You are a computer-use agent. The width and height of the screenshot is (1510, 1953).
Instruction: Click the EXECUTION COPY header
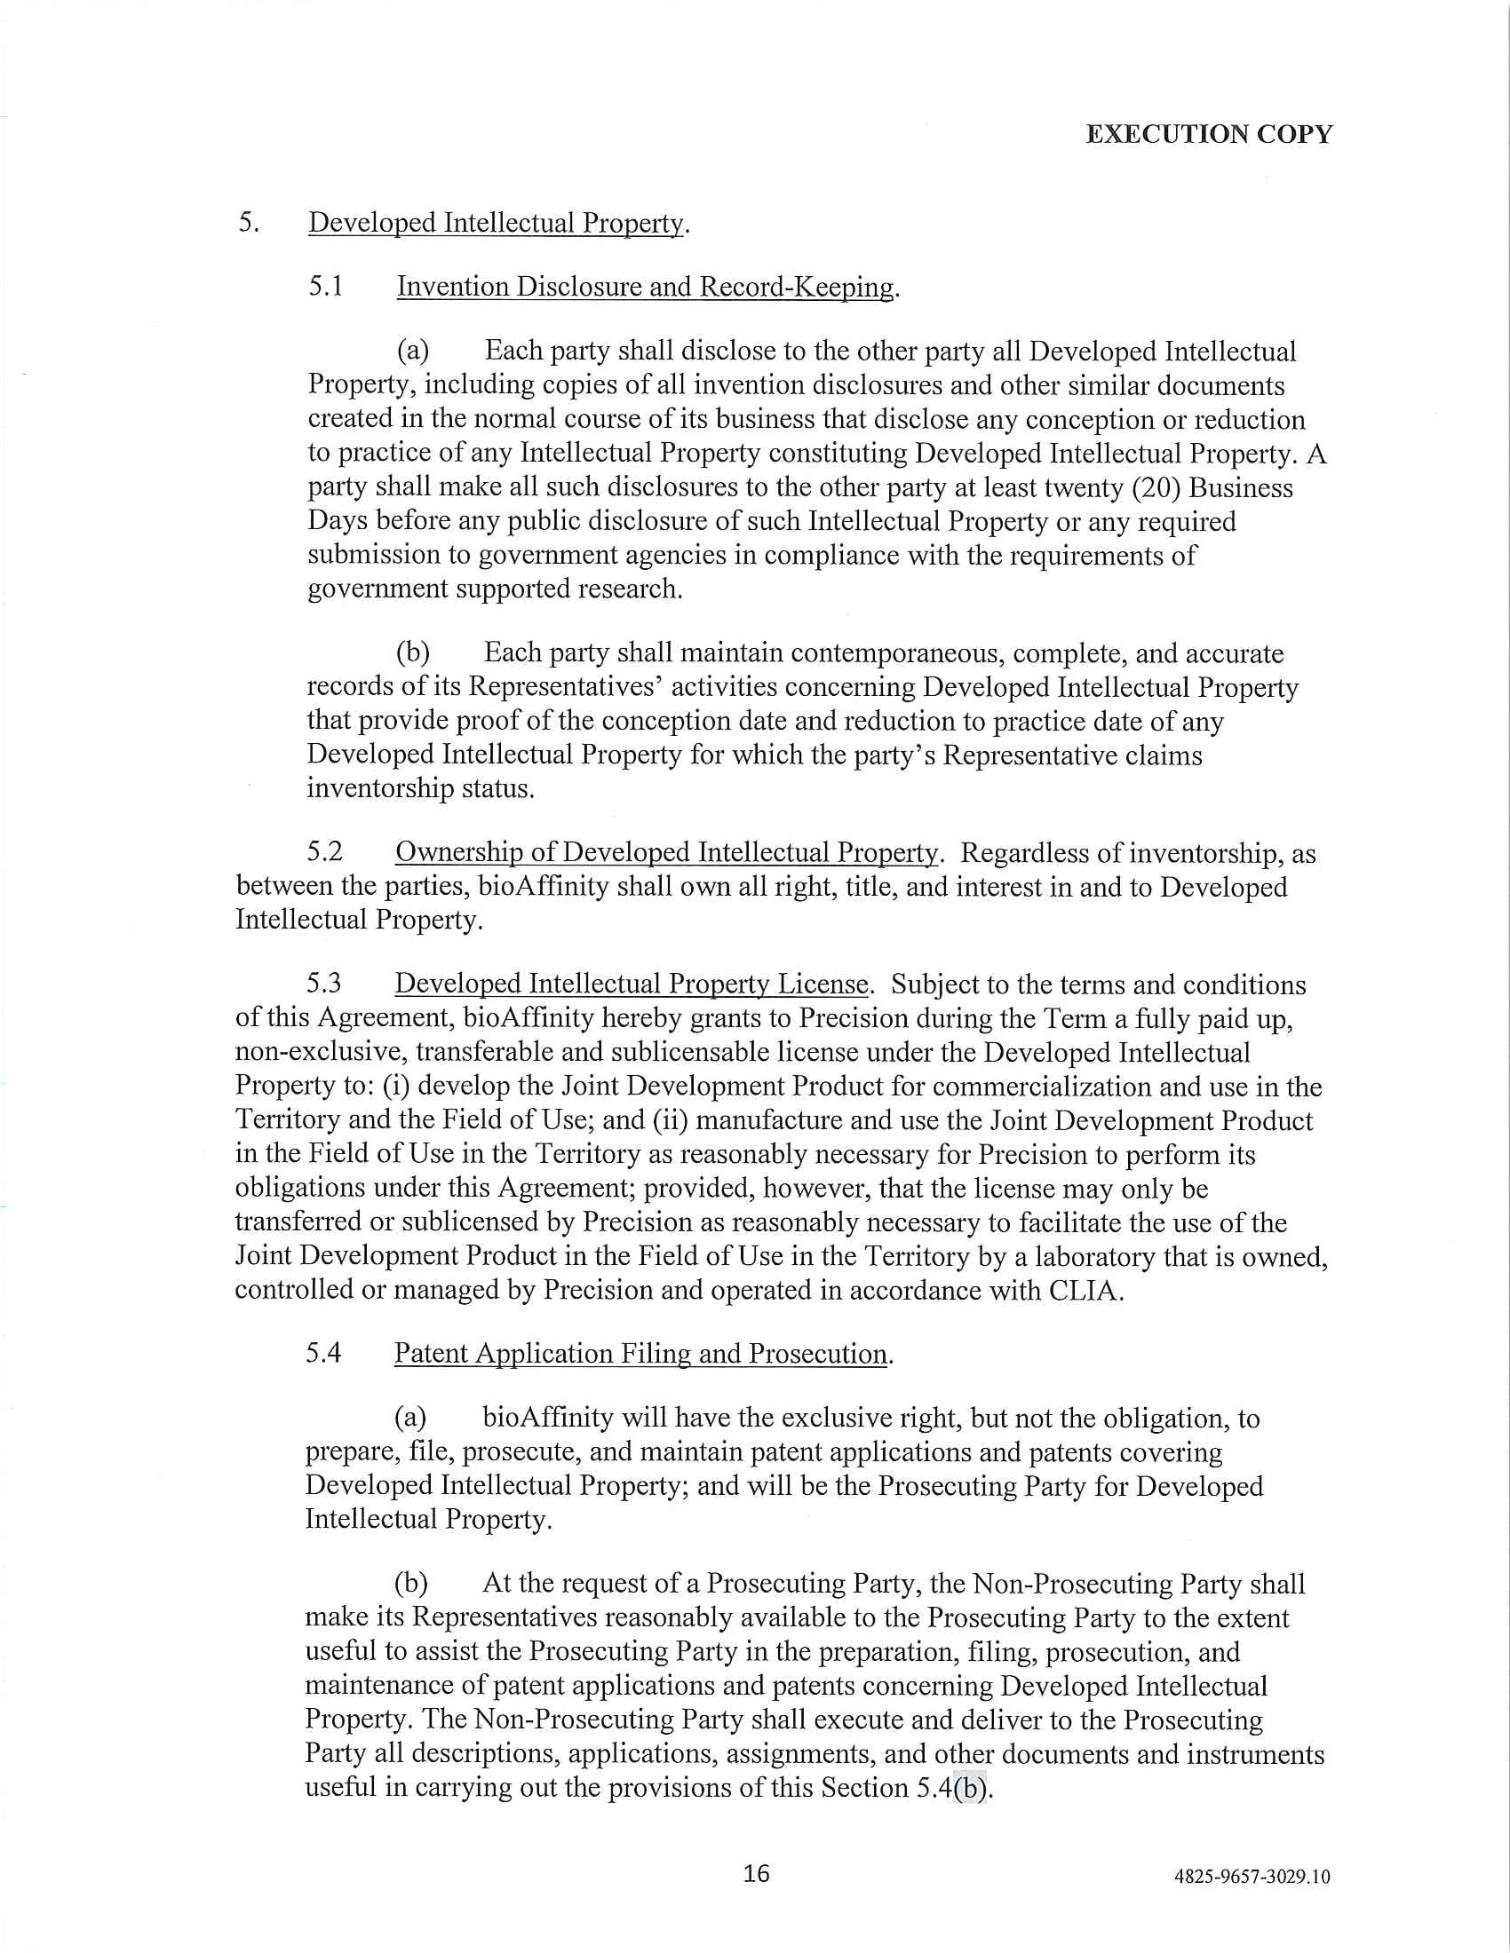tap(1209, 134)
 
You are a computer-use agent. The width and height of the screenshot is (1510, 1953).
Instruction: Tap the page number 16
tap(756, 1872)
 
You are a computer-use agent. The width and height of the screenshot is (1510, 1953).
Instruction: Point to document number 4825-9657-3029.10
tap(1252, 1876)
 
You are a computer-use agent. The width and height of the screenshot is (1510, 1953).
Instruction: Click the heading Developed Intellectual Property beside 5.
tap(497, 223)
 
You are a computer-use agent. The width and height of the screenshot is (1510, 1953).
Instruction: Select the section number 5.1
tap(326, 286)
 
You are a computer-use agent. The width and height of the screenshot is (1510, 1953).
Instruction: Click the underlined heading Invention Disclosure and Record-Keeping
tap(645, 286)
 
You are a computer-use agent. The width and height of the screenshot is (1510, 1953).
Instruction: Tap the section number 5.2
tap(324, 851)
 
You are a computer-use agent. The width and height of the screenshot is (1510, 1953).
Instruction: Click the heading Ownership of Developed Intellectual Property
tap(666, 852)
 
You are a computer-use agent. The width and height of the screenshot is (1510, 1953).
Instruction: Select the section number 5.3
tap(324, 984)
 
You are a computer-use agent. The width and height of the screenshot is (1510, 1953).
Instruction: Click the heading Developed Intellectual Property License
tap(632, 984)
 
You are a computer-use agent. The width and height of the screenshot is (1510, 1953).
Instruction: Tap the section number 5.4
tap(323, 1352)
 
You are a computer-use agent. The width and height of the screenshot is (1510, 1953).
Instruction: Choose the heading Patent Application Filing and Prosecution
tap(640, 1353)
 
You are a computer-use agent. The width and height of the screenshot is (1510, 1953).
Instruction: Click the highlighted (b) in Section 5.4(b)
tap(970, 1787)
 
